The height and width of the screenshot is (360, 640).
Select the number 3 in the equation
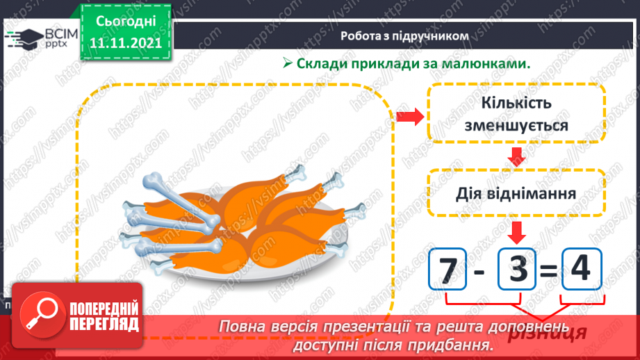point(517,269)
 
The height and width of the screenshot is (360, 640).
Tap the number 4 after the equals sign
point(579,268)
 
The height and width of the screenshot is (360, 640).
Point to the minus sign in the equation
point(480,270)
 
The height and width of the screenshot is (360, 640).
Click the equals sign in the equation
point(548,270)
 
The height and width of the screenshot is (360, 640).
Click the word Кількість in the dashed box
point(516,104)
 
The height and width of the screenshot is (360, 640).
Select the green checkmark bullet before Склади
point(287,63)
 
